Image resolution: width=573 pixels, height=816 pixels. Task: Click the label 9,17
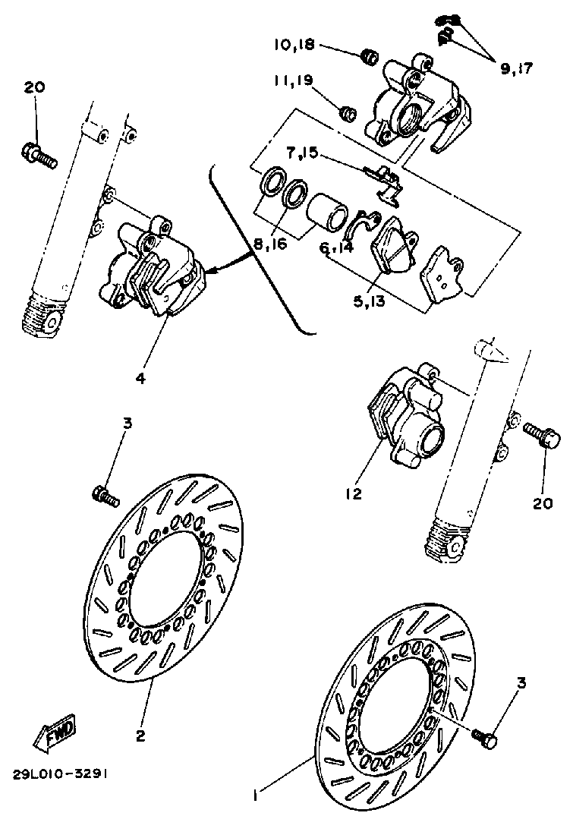[x=516, y=68]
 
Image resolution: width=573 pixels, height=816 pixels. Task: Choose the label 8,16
[x=270, y=244]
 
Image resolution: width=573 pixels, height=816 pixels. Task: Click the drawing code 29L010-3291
[x=59, y=775]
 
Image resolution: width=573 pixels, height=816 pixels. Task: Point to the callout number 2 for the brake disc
[x=140, y=736]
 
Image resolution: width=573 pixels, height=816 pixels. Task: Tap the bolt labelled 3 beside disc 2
[x=105, y=497]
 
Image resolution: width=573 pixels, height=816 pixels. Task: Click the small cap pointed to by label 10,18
[x=369, y=56]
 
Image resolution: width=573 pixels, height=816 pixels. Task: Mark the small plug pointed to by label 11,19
[x=348, y=114]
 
